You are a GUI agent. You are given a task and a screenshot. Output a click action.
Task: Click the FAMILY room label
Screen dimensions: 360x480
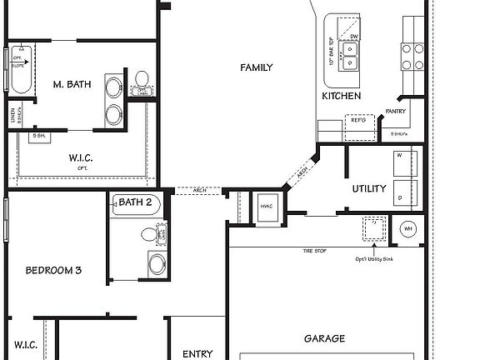point(256,67)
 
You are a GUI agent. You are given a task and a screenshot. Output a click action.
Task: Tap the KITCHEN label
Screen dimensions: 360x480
point(342,97)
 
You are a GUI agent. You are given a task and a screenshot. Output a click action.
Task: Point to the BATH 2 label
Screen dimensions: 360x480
point(135,202)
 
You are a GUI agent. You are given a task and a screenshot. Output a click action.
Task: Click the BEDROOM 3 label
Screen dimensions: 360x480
point(53,270)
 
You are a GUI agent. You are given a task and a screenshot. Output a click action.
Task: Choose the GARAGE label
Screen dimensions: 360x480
point(325,339)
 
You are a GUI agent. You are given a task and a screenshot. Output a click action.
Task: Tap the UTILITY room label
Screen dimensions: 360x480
point(368,188)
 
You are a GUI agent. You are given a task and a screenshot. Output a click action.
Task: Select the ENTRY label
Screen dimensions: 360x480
point(197,353)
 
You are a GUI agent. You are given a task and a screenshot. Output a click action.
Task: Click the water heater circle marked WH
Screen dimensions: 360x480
point(408,229)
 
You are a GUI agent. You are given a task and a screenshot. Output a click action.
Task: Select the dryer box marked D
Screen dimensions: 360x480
point(405,194)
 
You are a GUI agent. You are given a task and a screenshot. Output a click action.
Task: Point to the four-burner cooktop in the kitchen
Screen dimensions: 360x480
point(413,56)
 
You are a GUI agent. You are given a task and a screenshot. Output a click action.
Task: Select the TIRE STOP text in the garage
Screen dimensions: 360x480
point(314,251)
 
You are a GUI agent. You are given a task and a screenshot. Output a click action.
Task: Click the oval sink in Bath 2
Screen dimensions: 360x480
point(157,266)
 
